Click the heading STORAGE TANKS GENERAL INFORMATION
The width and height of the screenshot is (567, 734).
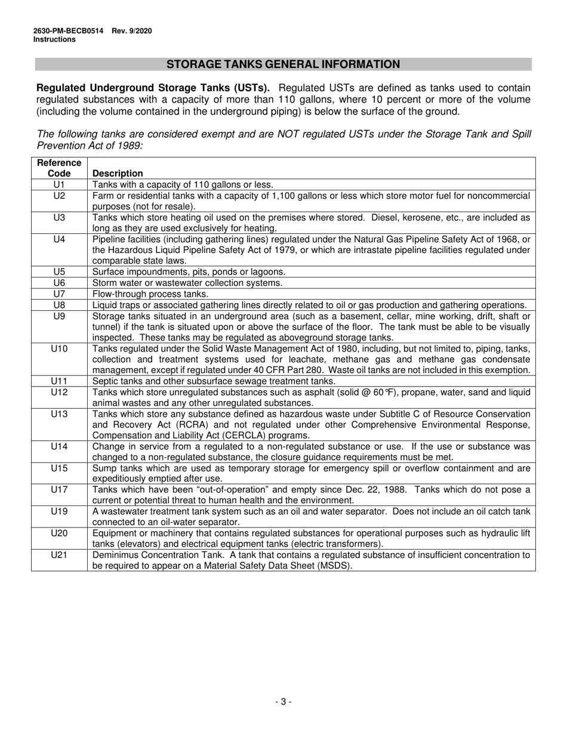pyautogui.click(x=283, y=64)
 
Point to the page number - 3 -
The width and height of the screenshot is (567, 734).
pyautogui.click(x=283, y=702)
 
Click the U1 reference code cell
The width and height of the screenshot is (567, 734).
pyautogui.click(x=58, y=184)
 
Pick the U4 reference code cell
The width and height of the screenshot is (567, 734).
pyautogui.click(x=58, y=239)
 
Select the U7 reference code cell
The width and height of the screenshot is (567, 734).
pyautogui.click(x=58, y=294)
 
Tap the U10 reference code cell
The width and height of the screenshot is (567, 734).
pyautogui.click(x=58, y=349)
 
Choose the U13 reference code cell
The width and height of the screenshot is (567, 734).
pyautogui.click(x=58, y=414)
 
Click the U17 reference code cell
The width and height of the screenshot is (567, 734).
pyautogui.click(x=58, y=490)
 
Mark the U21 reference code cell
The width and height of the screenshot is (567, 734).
pyautogui.click(x=58, y=555)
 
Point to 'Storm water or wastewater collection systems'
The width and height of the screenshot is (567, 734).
pyautogui.click(x=187, y=283)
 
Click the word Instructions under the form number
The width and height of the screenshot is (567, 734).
pyautogui.click(x=54, y=39)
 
